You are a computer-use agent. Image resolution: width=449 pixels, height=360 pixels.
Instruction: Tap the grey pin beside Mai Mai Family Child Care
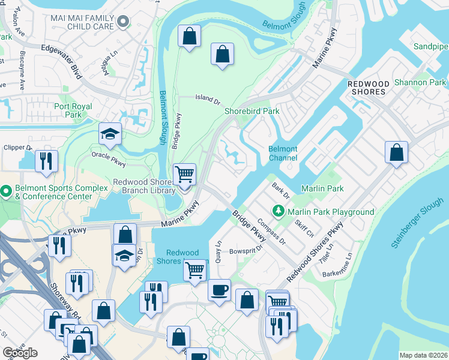(124, 23)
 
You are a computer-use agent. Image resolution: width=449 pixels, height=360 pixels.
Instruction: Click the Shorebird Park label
(252, 111)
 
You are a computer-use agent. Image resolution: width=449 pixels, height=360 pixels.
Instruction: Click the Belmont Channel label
(282, 154)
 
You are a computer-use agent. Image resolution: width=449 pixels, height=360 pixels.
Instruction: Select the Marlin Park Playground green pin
(278, 211)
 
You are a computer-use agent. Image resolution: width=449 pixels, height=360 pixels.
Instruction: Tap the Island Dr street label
(208, 98)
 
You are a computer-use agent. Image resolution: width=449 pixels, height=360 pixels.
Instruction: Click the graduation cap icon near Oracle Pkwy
(110, 134)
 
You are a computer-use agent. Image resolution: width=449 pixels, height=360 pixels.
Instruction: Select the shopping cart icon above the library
(184, 175)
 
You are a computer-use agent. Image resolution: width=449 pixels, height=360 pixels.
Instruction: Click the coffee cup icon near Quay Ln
(218, 290)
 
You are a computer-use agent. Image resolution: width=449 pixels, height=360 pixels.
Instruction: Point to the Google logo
(20, 353)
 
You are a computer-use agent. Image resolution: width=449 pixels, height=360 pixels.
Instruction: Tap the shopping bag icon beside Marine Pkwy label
(125, 235)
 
